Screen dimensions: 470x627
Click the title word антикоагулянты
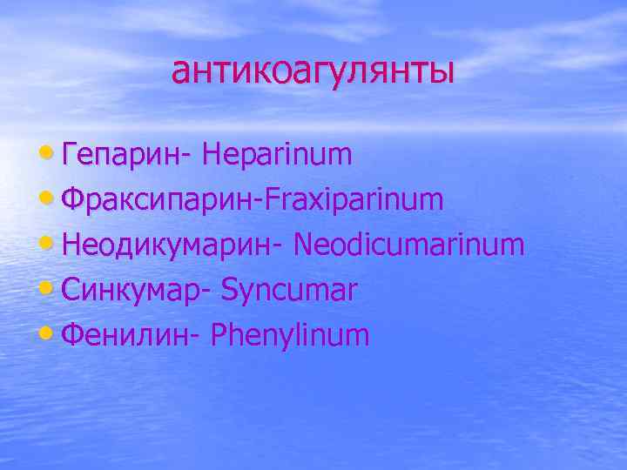click(x=313, y=71)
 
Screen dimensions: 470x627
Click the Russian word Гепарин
click(x=122, y=155)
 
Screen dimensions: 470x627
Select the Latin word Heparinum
click(x=277, y=155)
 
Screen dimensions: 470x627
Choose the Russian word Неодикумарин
click(x=165, y=245)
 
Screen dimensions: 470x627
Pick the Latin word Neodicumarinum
click(x=409, y=245)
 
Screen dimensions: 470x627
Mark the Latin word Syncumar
click(x=289, y=291)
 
